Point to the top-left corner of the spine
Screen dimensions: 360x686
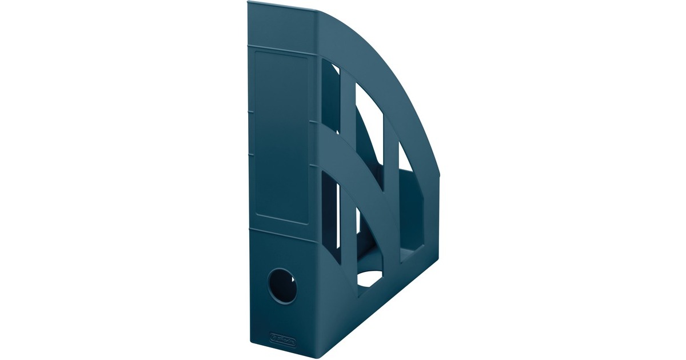coord(249,4)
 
